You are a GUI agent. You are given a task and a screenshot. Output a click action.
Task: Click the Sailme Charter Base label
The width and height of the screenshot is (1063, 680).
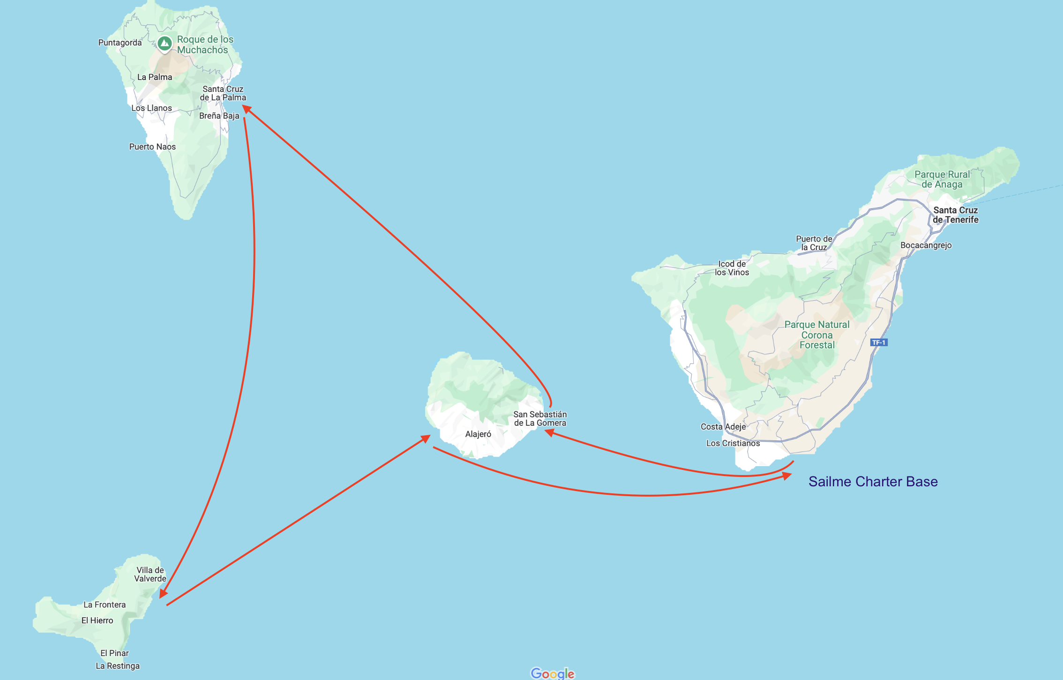[x=873, y=482]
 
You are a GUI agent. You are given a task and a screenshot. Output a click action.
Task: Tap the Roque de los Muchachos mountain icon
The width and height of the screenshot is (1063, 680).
[x=165, y=44]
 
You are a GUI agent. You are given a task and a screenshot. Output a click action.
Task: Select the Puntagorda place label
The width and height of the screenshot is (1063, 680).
[x=120, y=43]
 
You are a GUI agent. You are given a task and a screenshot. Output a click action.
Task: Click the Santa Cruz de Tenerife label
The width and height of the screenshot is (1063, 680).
[x=955, y=215]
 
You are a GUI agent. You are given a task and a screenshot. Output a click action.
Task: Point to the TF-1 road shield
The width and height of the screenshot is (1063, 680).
[x=878, y=342]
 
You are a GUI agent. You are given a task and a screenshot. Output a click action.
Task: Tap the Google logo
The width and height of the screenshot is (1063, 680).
[x=552, y=673]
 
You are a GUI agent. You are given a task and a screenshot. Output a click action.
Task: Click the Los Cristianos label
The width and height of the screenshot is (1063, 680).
[x=733, y=443]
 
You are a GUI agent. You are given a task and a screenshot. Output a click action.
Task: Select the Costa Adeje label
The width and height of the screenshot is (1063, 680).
[x=723, y=427]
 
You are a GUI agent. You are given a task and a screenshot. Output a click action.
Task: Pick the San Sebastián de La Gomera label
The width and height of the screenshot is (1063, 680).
[x=540, y=418]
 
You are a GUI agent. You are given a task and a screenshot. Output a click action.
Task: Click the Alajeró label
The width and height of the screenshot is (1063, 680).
[x=478, y=434]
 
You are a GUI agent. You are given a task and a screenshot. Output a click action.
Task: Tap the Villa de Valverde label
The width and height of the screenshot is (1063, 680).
[x=150, y=574]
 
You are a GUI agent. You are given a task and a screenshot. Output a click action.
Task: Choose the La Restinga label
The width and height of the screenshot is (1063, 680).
[x=118, y=666]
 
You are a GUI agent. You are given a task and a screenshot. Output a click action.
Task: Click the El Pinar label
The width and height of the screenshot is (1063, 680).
[x=114, y=653]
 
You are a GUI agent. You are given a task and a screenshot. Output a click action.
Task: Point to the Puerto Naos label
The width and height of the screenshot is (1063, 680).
[x=152, y=147]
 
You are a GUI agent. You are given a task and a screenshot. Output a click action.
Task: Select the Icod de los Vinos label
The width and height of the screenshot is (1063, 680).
[x=732, y=268]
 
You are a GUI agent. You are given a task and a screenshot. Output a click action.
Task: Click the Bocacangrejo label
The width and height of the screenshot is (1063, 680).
[x=926, y=245]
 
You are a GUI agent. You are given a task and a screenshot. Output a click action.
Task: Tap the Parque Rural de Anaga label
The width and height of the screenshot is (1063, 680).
[x=942, y=179]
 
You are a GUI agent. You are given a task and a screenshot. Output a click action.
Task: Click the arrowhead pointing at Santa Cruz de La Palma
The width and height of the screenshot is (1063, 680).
[x=247, y=109]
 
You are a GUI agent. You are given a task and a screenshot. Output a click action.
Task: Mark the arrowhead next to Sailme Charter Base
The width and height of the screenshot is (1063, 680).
[x=787, y=476]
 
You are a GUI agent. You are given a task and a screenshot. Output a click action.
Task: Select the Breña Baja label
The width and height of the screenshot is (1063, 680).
[x=219, y=116]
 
